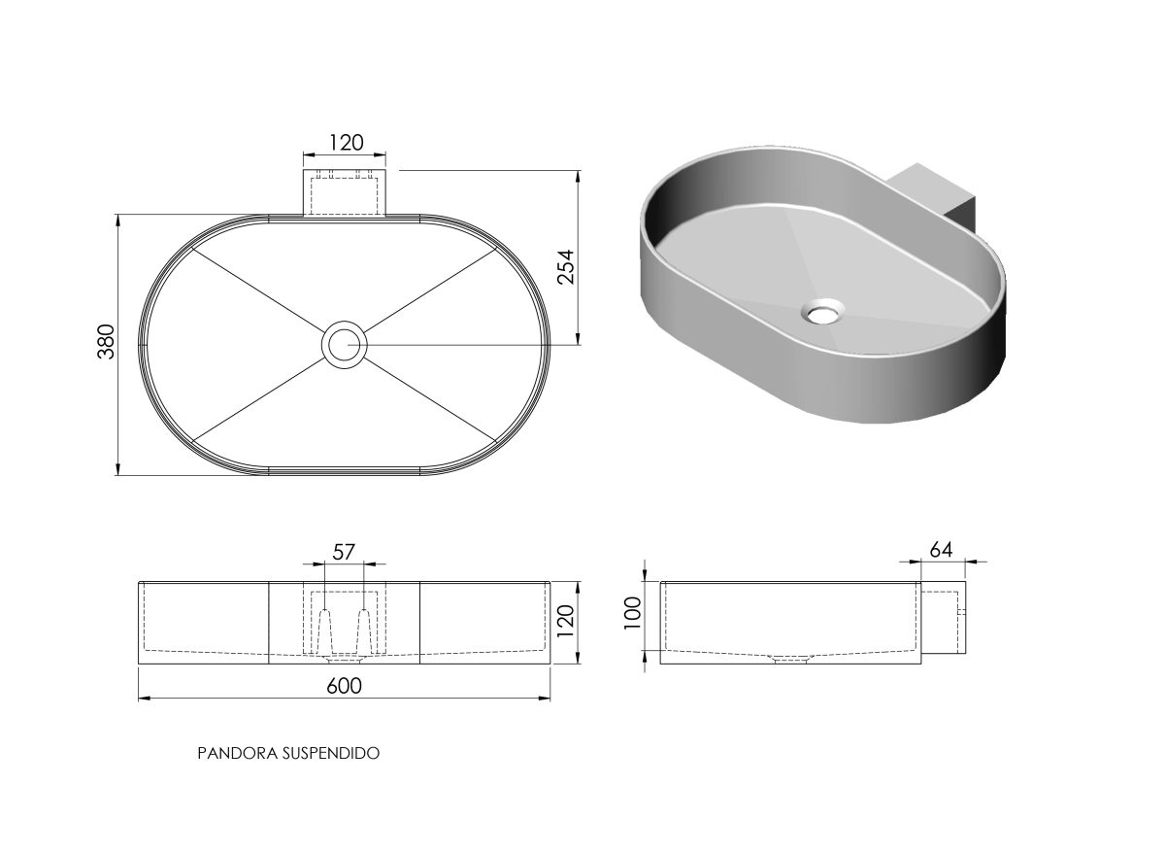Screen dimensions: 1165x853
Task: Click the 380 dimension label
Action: [x=106, y=341]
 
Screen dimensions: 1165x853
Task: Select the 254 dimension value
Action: [x=566, y=267]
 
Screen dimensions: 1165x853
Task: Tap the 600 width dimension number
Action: [x=344, y=686]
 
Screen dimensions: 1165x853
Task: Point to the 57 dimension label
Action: [x=344, y=552]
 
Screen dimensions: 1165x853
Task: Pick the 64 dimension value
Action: [x=941, y=550]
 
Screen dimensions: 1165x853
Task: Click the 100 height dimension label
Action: [x=632, y=613]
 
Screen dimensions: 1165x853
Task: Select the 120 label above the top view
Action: [x=347, y=143]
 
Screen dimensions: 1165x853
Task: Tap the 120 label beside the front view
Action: [x=565, y=621]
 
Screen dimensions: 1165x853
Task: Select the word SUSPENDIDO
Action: [x=331, y=753]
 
